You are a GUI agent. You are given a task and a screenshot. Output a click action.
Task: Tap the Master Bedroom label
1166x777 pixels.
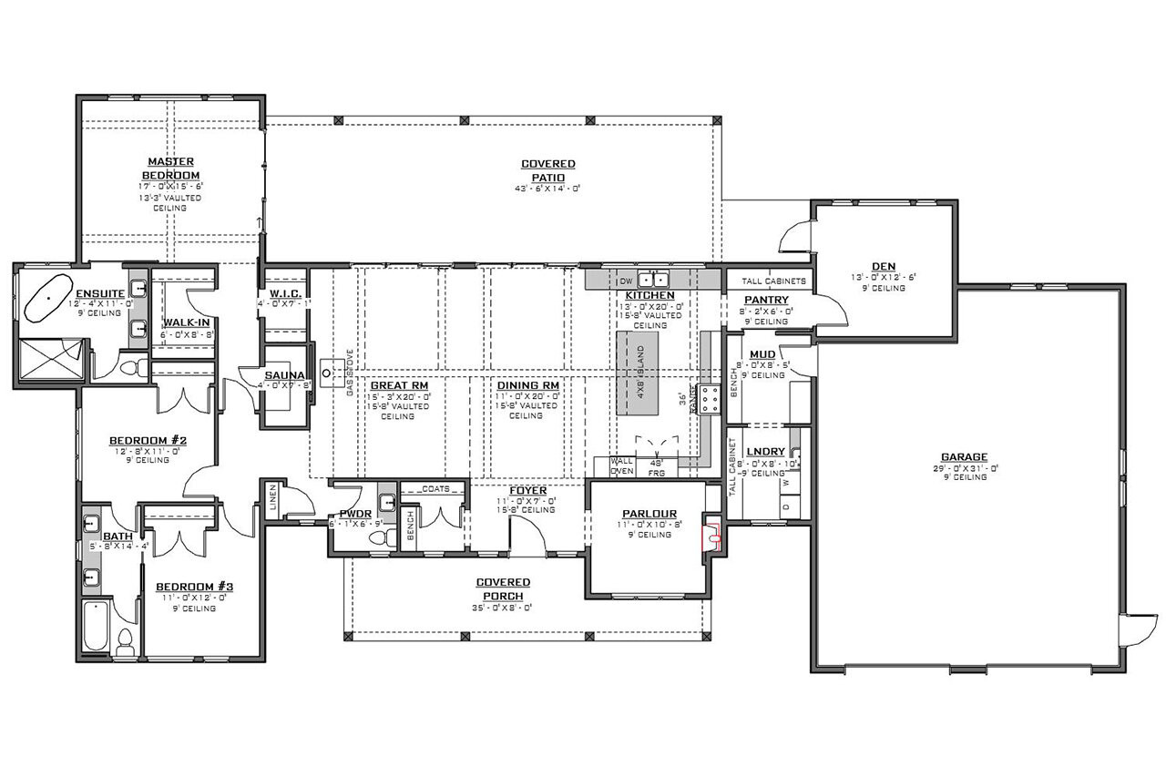point(170,169)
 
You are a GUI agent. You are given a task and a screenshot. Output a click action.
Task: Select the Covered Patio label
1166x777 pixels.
point(547,170)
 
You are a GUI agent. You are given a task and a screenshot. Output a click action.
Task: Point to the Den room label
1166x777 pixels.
point(883,267)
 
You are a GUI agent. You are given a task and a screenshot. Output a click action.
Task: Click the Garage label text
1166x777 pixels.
point(964,457)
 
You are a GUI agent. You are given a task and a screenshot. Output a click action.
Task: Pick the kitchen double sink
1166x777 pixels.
point(652,280)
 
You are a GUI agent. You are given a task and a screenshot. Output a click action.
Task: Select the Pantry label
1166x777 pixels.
point(765,300)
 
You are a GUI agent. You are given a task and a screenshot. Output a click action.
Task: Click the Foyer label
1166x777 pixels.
point(528,490)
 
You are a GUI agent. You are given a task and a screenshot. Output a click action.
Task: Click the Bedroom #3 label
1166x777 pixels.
point(194,587)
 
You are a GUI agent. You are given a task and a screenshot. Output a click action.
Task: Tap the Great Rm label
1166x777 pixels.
point(392,385)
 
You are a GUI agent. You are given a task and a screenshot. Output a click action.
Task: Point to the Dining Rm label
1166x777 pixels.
point(527,385)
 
